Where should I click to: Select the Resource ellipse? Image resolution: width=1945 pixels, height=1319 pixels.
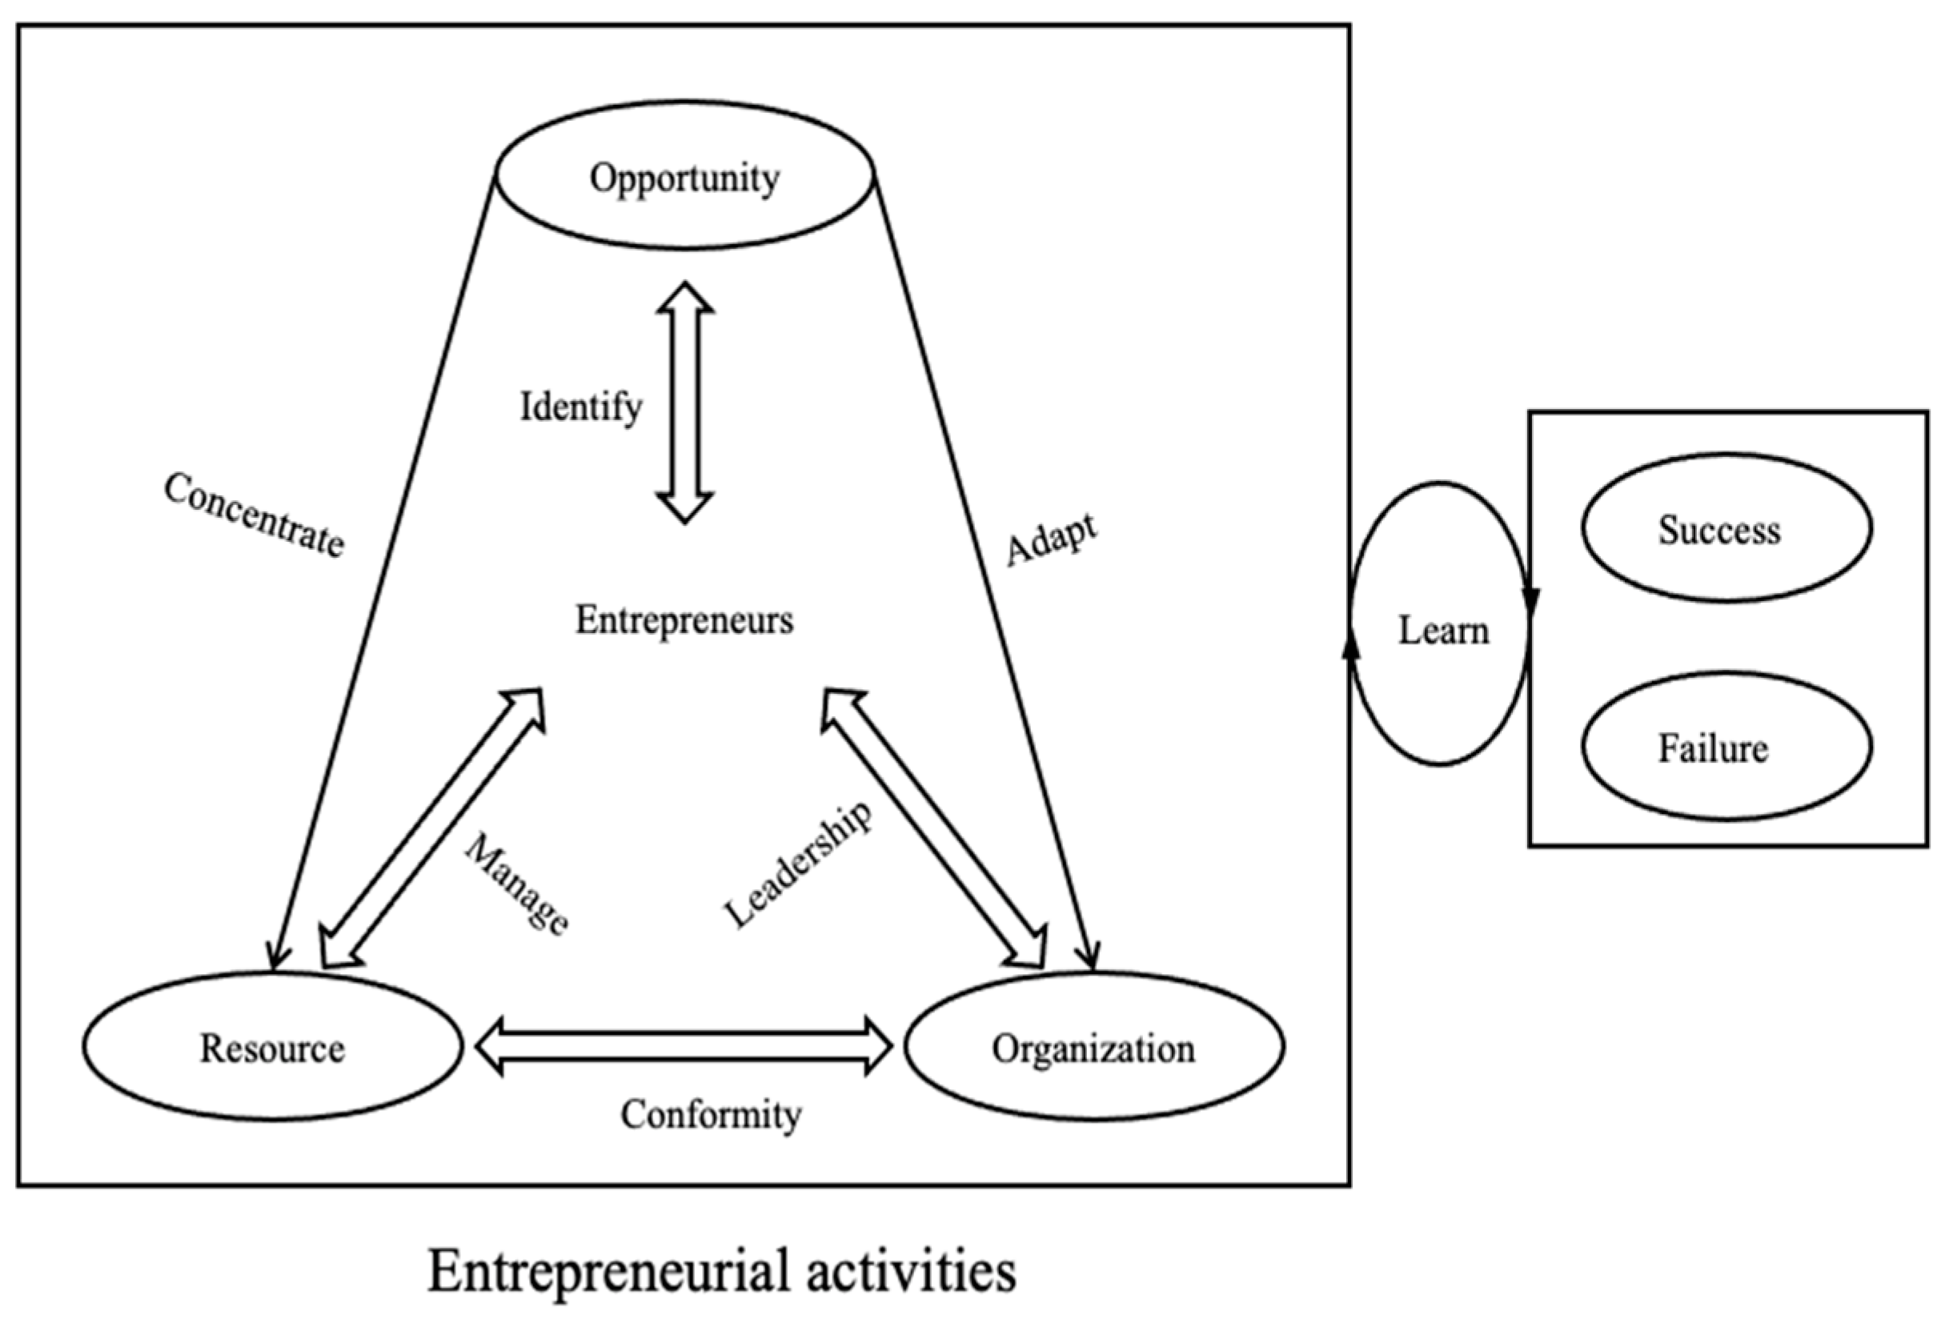[272, 1047]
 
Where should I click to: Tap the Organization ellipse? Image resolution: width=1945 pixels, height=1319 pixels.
[1094, 1047]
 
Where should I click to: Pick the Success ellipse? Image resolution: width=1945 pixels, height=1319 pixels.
[1726, 529]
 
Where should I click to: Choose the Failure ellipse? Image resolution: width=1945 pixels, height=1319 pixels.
[1726, 747]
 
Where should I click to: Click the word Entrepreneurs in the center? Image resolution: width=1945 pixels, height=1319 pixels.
[684, 620]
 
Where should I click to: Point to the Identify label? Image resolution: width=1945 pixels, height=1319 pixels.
[581, 407]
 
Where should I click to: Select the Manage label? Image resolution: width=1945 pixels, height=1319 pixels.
[517, 884]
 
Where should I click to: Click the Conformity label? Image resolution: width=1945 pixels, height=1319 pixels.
[711, 1115]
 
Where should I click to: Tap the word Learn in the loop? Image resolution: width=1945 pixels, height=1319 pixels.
[1444, 630]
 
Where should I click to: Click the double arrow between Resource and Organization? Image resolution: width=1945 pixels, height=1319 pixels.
[684, 1046]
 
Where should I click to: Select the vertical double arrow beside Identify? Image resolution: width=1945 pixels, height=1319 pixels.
[684, 403]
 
